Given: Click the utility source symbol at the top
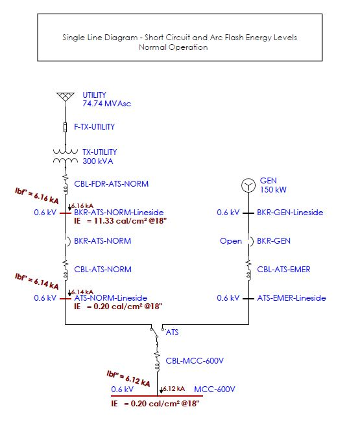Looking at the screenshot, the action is click(65, 97).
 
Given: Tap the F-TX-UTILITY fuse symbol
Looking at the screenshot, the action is click(65, 127).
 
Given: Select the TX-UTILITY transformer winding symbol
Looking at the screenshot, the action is click(66, 156).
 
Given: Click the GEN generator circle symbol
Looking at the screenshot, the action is click(248, 185).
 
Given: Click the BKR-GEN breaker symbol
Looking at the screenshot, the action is click(250, 241).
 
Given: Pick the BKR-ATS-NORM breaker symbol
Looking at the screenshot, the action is click(67, 241).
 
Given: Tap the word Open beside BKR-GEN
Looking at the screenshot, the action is click(231, 241).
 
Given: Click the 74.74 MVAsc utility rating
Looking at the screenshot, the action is click(106, 104).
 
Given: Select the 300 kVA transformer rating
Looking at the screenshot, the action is click(97, 161).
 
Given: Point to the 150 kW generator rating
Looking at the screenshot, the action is click(273, 190).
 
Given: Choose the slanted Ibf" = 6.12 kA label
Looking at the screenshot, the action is click(128, 378).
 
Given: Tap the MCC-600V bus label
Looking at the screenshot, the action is click(215, 390).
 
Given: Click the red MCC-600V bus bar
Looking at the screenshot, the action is click(157, 396).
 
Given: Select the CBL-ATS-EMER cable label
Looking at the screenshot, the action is click(283, 270).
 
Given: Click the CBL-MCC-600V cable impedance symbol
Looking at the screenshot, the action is click(158, 361).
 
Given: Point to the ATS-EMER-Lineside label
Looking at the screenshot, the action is click(291, 298).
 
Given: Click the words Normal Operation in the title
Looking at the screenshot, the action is click(173, 47).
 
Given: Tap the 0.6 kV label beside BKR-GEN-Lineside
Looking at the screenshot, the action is click(228, 213).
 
